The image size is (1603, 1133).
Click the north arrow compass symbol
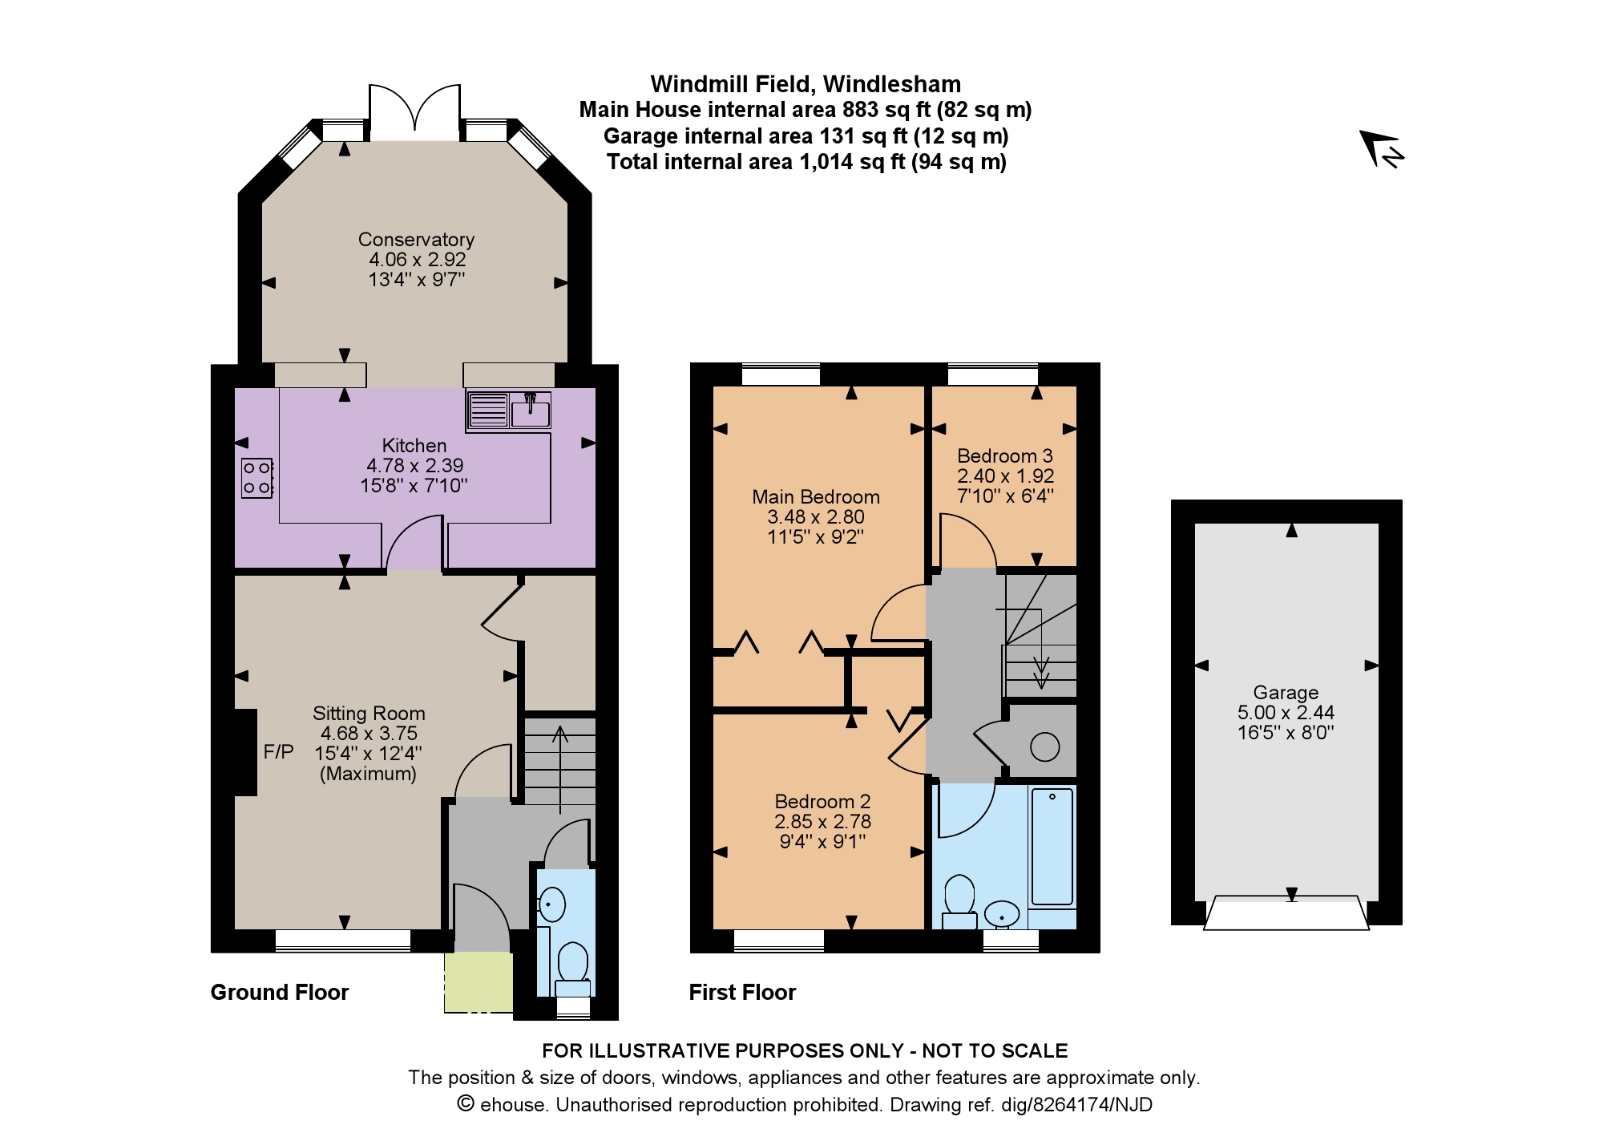pyautogui.click(x=1382, y=149)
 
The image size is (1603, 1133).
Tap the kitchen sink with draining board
pyautogui.click(x=508, y=410)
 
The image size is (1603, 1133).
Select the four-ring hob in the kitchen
pyautogui.click(x=257, y=478)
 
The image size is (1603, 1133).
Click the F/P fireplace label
pyautogui.click(x=278, y=752)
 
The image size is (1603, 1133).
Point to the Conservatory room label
pyautogui.click(x=416, y=240)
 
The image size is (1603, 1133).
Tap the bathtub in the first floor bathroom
pyautogui.click(x=1052, y=847)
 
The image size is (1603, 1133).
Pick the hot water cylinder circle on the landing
pyautogui.click(x=1044, y=747)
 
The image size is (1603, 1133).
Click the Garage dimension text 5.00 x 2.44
pyautogui.click(x=1286, y=712)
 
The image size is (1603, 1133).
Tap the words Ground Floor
pyautogui.click(x=280, y=993)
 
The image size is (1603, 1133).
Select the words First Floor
pyautogui.click(x=742, y=993)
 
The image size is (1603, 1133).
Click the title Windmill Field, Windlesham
pyautogui.click(x=806, y=84)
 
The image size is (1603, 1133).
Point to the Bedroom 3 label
pyautogui.click(x=1005, y=456)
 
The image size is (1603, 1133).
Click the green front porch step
pyautogui.click(x=479, y=982)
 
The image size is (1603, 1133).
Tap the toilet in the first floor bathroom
pyautogui.click(x=959, y=901)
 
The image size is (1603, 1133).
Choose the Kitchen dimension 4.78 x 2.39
pyautogui.click(x=414, y=466)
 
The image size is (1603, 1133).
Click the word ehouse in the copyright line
pyautogui.click(x=514, y=1105)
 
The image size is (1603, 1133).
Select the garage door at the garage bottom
pyautogui.click(x=1286, y=912)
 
